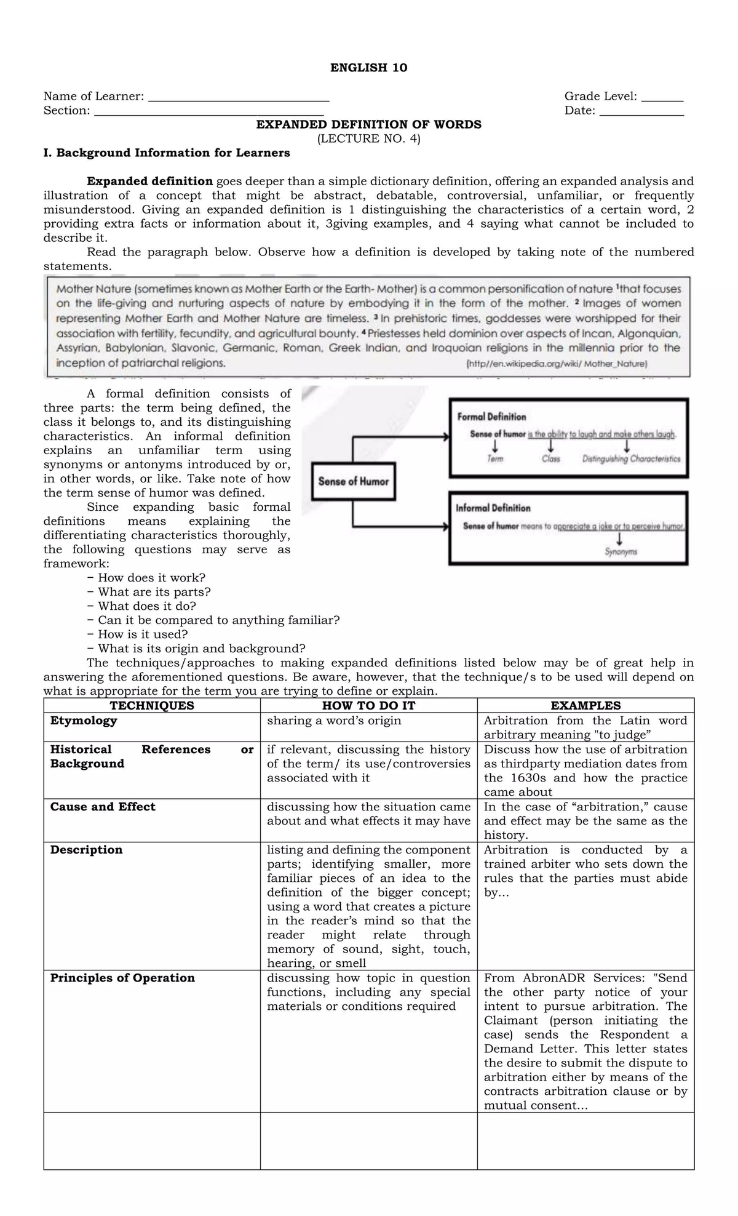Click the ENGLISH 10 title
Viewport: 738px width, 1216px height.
click(368, 68)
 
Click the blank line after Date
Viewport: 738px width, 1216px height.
click(641, 113)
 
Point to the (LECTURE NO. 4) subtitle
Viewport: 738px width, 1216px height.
click(368, 138)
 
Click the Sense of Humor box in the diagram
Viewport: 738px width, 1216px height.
click(354, 482)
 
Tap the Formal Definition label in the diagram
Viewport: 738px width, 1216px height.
click(491, 417)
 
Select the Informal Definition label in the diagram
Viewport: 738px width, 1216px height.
click(493, 508)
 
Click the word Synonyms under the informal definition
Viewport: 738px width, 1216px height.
click(621, 552)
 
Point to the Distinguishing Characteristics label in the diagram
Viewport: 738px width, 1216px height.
click(631, 459)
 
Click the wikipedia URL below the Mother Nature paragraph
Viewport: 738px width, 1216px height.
click(557, 364)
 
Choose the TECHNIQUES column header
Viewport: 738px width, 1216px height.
click(151, 706)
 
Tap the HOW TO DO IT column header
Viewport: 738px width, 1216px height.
click(368, 706)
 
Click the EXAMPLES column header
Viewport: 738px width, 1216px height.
click(585, 706)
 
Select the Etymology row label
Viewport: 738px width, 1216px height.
click(84, 721)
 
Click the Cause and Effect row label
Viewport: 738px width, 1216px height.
click(103, 807)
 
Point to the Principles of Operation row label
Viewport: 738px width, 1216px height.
click(122, 978)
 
